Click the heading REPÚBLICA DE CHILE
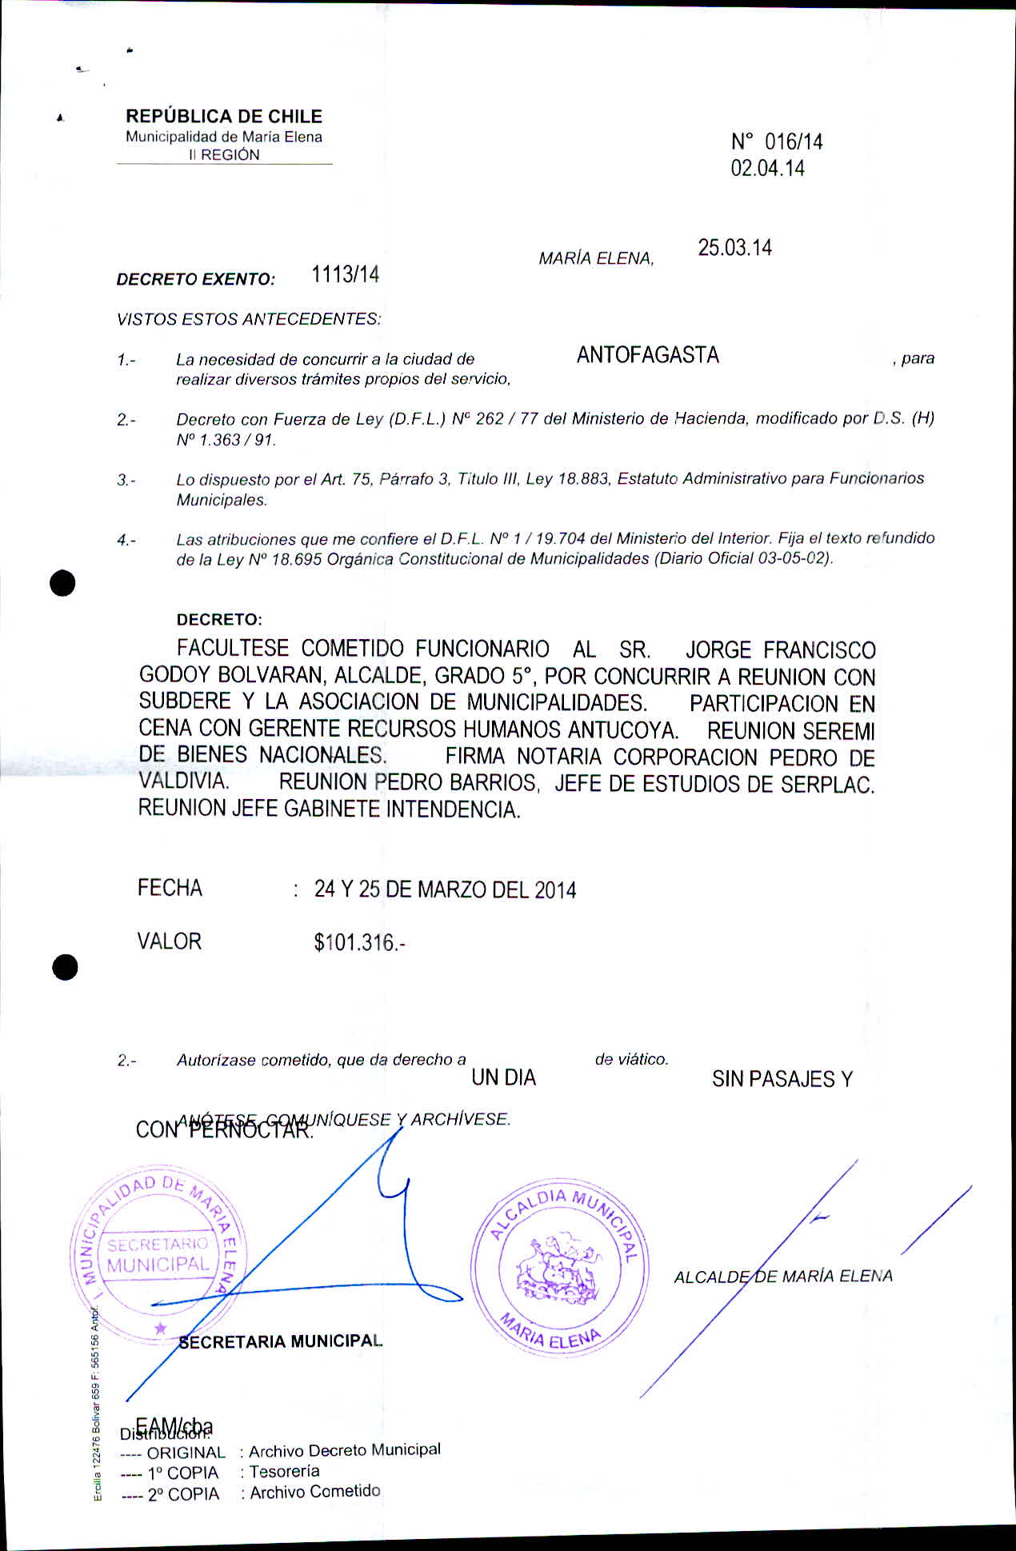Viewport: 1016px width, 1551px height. (x=223, y=116)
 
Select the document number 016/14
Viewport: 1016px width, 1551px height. (x=793, y=142)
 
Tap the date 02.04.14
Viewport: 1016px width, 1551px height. (x=767, y=169)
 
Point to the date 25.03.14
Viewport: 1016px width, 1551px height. (x=734, y=248)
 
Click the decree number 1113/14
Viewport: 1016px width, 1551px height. (x=345, y=275)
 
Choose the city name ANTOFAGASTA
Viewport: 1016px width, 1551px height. (x=647, y=355)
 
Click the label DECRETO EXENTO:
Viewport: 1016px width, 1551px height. (x=195, y=279)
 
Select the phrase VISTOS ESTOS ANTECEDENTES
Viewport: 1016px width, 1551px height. (x=248, y=319)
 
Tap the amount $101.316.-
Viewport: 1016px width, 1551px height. (x=359, y=943)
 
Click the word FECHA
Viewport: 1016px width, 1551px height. (x=170, y=888)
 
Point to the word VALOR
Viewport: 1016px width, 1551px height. (x=169, y=941)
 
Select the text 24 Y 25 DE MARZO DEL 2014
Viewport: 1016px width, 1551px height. (x=445, y=889)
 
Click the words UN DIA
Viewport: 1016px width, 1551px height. (x=503, y=1078)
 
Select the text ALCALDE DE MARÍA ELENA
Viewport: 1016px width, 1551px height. (x=782, y=1277)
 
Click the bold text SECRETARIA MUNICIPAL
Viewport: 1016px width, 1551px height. (x=280, y=1341)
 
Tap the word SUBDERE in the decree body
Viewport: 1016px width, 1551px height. (x=185, y=702)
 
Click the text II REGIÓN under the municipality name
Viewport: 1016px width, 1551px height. (x=224, y=155)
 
